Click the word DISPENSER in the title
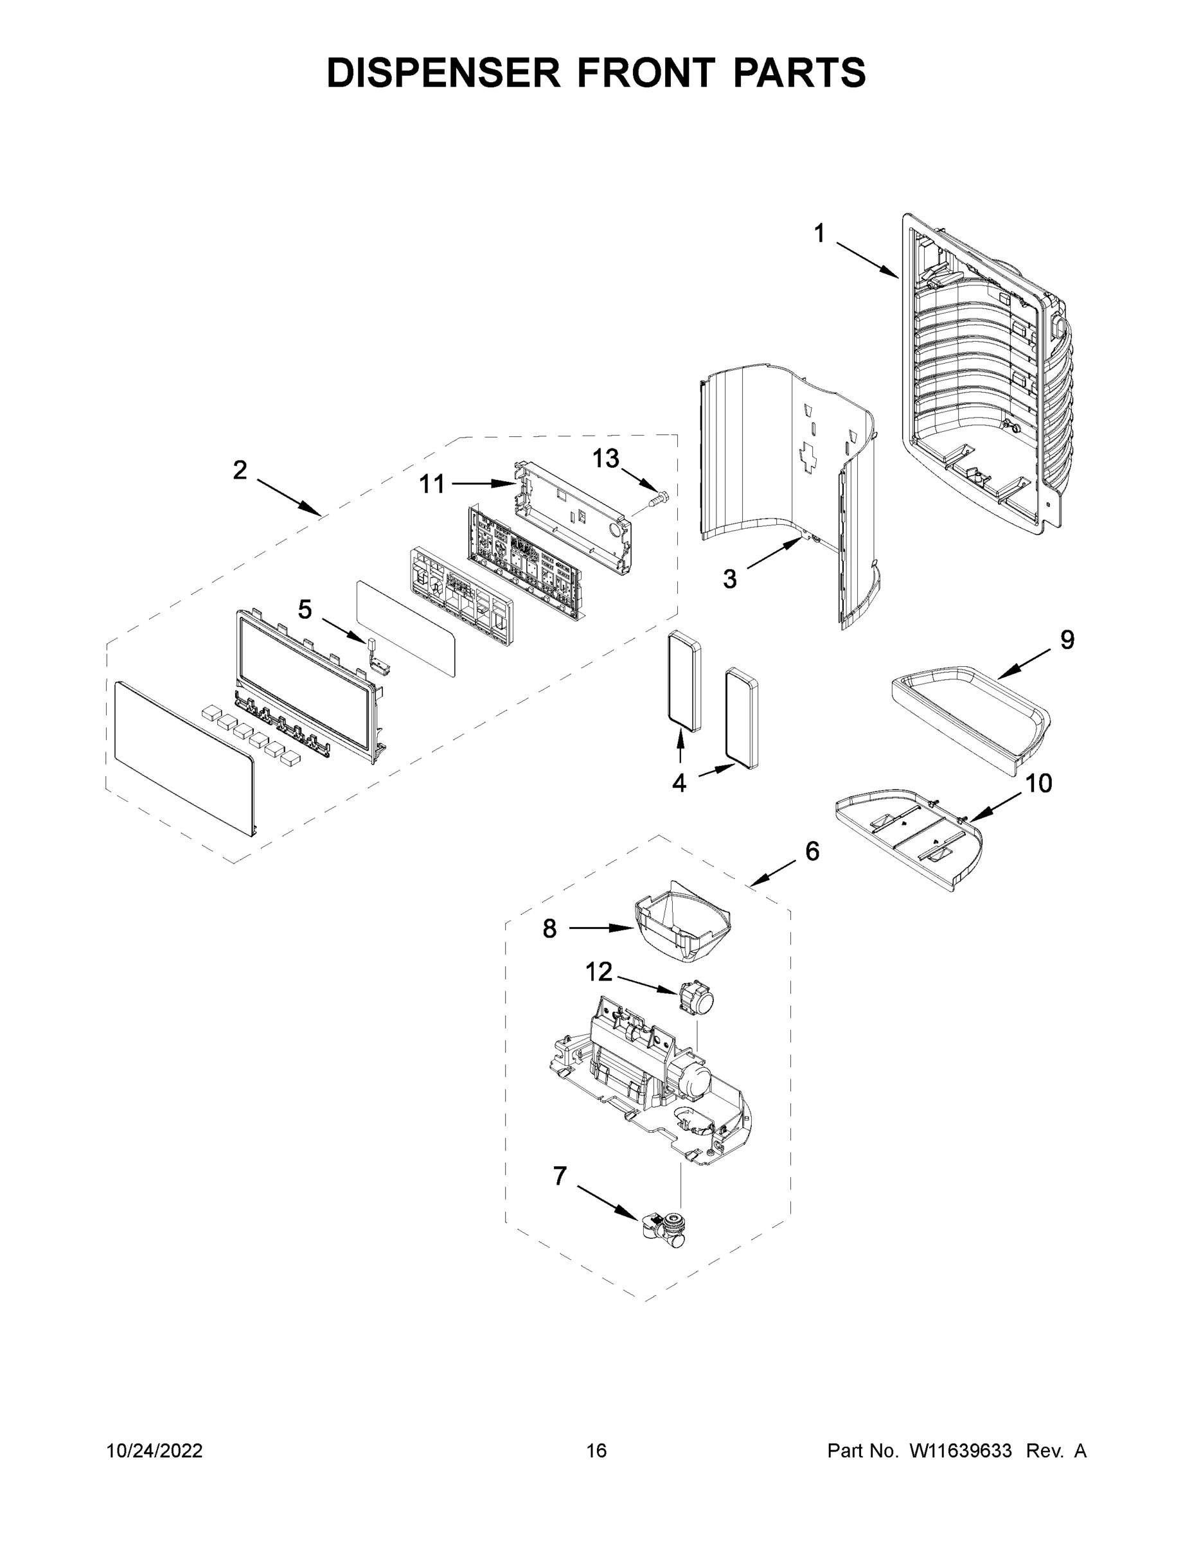pos(443,72)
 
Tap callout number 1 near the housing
pos(819,234)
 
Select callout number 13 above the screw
pos(605,458)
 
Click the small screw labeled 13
pos(658,501)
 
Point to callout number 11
pos(432,484)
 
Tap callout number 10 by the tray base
pos(1038,783)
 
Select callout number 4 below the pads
pos(679,783)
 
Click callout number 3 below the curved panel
pos(729,579)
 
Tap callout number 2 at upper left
pos(240,470)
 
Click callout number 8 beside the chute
pos(549,928)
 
